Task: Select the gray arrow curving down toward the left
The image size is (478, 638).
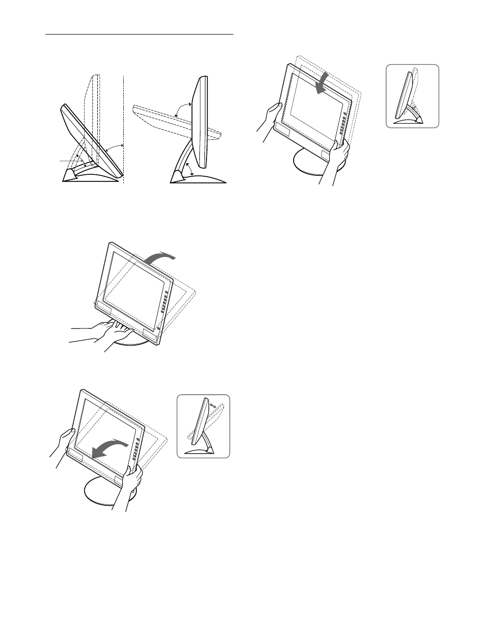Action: click(111, 447)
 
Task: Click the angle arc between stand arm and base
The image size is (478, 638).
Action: click(188, 168)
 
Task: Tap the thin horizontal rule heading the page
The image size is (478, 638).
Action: click(139, 35)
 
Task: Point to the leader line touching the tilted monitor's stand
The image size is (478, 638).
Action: click(68, 161)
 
